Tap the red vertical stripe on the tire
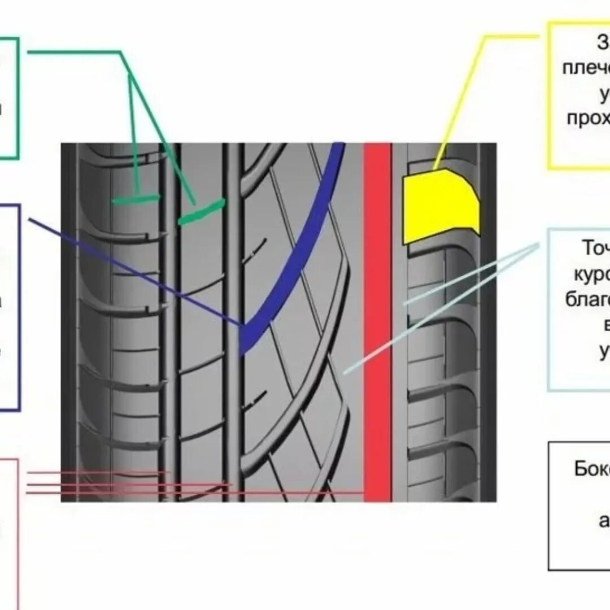click(x=377, y=322)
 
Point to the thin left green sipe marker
click(x=136, y=199)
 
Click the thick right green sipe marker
click(x=202, y=212)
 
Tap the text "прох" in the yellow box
click(x=588, y=117)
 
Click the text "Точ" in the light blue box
click(x=595, y=249)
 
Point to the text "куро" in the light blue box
click(x=592, y=274)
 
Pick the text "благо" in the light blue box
click(x=587, y=299)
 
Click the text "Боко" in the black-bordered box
click(x=591, y=469)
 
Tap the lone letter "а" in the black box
click(x=604, y=520)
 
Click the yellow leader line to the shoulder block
click(x=463, y=102)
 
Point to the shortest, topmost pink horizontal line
click(x=96, y=472)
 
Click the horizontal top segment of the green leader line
click(x=73, y=52)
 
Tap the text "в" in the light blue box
click(x=606, y=326)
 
